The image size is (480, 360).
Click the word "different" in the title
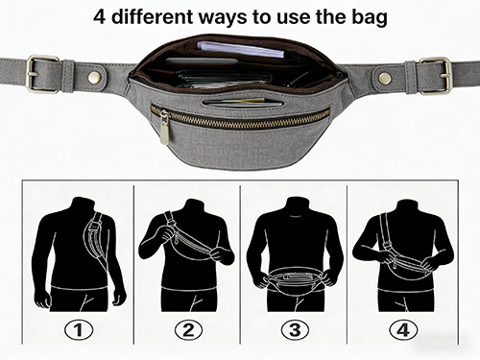pyautogui.click(x=152, y=16)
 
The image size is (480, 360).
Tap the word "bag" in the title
pyautogui.click(x=370, y=18)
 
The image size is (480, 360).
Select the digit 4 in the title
pyautogui.click(x=100, y=17)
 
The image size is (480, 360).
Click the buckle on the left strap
pyautogui.click(x=42, y=74)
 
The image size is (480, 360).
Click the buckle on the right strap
pyautogui.click(x=436, y=76)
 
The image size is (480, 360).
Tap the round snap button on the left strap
pyautogui.click(x=94, y=77)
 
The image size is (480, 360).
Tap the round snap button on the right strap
pyautogui.click(x=384, y=78)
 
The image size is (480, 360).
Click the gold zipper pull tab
pyautogui.click(x=164, y=128)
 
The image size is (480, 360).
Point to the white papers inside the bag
pyautogui.click(x=240, y=49)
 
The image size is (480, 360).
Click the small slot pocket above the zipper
pyautogui.click(x=243, y=103)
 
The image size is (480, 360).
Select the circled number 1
pyautogui.click(x=79, y=329)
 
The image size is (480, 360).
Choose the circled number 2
pyautogui.click(x=188, y=329)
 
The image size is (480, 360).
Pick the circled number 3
pyautogui.click(x=295, y=329)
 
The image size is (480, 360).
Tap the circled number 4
pyautogui.click(x=403, y=329)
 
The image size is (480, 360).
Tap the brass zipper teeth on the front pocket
pyautogui.click(x=241, y=119)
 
